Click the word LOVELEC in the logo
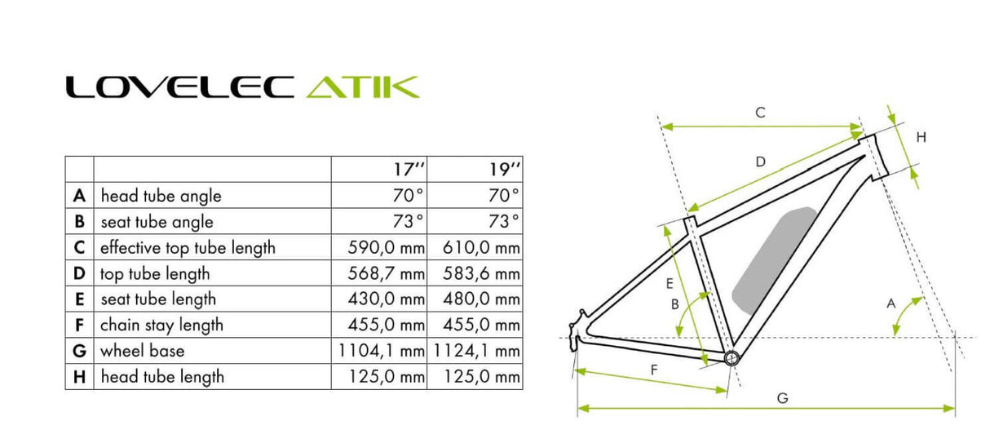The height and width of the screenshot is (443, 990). (179, 86)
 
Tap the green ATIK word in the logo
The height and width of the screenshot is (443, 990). (362, 86)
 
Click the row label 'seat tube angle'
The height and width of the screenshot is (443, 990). (157, 222)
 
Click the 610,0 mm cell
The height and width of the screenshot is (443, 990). (481, 247)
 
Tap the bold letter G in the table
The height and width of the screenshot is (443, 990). (79, 351)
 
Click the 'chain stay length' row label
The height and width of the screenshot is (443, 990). (161, 325)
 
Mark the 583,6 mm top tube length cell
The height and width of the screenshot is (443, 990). (481, 273)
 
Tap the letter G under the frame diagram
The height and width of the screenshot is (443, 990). (781, 398)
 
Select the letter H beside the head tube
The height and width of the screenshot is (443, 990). (921, 138)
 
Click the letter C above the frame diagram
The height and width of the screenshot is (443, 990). (759, 113)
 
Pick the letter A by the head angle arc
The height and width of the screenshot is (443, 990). (891, 303)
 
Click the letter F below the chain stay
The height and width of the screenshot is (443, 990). (654, 369)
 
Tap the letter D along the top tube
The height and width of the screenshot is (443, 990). (760, 162)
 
